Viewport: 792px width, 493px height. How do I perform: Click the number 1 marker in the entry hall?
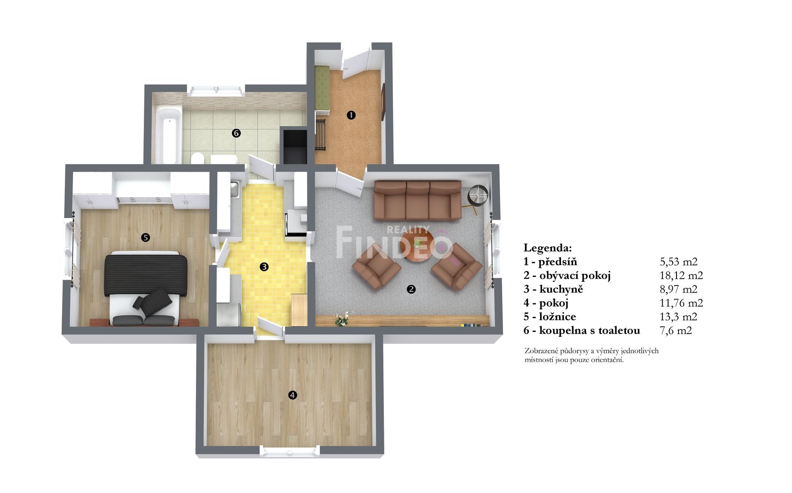[x=351, y=115]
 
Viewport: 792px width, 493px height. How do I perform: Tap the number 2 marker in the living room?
[x=411, y=289]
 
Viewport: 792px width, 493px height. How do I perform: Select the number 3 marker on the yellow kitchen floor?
[x=264, y=267]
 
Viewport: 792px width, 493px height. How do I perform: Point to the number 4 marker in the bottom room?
[x=292, y=395]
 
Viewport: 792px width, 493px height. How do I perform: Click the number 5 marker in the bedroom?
[x=145, y=237]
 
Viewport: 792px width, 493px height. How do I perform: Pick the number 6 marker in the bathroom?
[x=236, y=133]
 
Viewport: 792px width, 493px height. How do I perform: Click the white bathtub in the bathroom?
[x=169, y=135]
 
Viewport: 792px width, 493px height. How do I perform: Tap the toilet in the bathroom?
[x=198, y=158]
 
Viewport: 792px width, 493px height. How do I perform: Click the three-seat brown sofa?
[x=418, y=200]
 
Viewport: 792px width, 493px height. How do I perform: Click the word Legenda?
[x=547, y=248]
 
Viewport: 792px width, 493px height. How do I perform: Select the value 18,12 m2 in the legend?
[x=681, y=275]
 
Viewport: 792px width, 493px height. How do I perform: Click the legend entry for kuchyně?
[x=553, y=289]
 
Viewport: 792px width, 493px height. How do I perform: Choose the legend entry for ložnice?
[x=550, y=317]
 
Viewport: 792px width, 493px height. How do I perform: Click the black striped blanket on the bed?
[x=146, y=274]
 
